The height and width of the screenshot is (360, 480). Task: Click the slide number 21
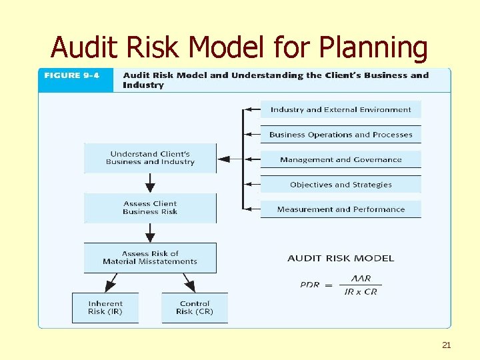(447, 345)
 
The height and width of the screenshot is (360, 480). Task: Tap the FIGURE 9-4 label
(71, 75)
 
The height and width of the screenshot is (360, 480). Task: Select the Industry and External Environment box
(341, 109)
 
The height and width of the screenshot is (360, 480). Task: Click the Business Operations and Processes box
(341, 135)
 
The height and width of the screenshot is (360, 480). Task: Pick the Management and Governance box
(341, 160)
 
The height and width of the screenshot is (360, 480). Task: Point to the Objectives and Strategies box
(341, 185)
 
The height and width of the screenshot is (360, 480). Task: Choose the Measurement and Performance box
(341, 209)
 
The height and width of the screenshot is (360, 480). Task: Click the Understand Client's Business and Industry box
(150, 158)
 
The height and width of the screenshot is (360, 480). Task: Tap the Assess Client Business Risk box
(150, 208)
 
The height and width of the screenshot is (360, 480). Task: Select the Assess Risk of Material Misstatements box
(150, 257)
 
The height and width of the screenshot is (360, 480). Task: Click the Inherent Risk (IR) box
(105, 307)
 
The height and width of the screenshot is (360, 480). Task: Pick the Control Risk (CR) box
(194, 307)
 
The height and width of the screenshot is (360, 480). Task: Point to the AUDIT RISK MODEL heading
(341, 258)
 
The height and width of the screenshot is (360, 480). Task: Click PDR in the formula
(310, 285)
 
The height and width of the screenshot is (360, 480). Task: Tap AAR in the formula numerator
(361, 279)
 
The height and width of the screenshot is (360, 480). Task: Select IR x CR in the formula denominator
(361, 291)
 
